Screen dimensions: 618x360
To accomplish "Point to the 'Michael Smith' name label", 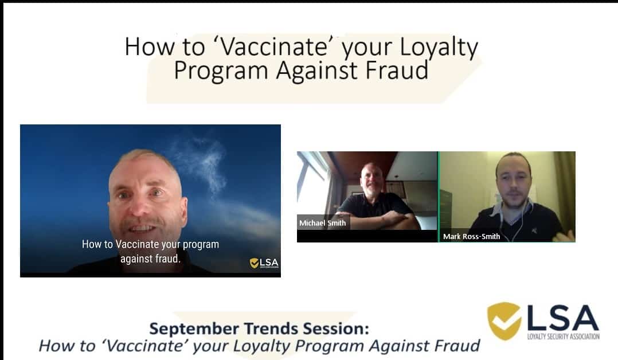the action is tap(322, 223).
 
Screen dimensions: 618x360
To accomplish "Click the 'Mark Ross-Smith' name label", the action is tap(471, 237).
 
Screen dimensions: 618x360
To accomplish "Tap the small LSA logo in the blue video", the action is tap(264, 263).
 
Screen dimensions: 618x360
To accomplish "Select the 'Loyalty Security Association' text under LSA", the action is tap(563, 336).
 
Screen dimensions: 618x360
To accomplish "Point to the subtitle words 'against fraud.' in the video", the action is tap(150, 259).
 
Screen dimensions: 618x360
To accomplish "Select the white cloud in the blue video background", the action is tap(205, 166).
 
